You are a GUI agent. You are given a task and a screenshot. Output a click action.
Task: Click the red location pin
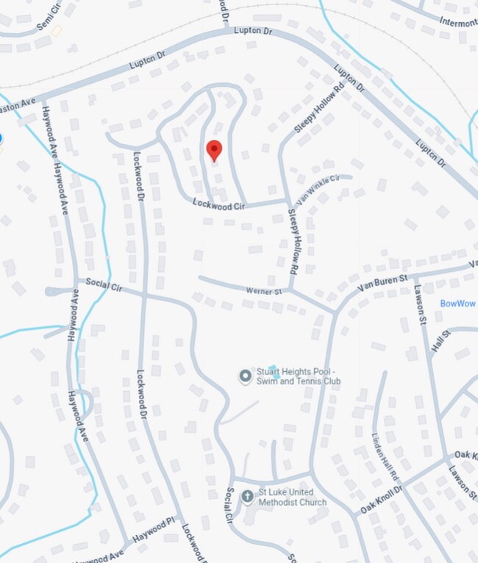214,149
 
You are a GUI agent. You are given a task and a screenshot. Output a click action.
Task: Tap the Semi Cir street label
49,16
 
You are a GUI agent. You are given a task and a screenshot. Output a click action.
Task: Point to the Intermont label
458,23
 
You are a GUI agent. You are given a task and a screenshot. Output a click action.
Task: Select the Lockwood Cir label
218,206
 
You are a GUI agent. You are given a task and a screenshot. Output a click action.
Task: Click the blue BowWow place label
458,304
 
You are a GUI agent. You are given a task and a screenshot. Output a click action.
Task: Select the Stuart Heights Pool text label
299,376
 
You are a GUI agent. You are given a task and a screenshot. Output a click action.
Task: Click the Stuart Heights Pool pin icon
245,376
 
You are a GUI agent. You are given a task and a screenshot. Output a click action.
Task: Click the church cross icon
248,496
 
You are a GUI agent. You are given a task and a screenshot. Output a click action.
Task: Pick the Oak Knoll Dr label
382,500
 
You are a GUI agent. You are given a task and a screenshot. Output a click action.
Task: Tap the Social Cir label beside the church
229,505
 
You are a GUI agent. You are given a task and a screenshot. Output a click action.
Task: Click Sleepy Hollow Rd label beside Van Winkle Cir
293,240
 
